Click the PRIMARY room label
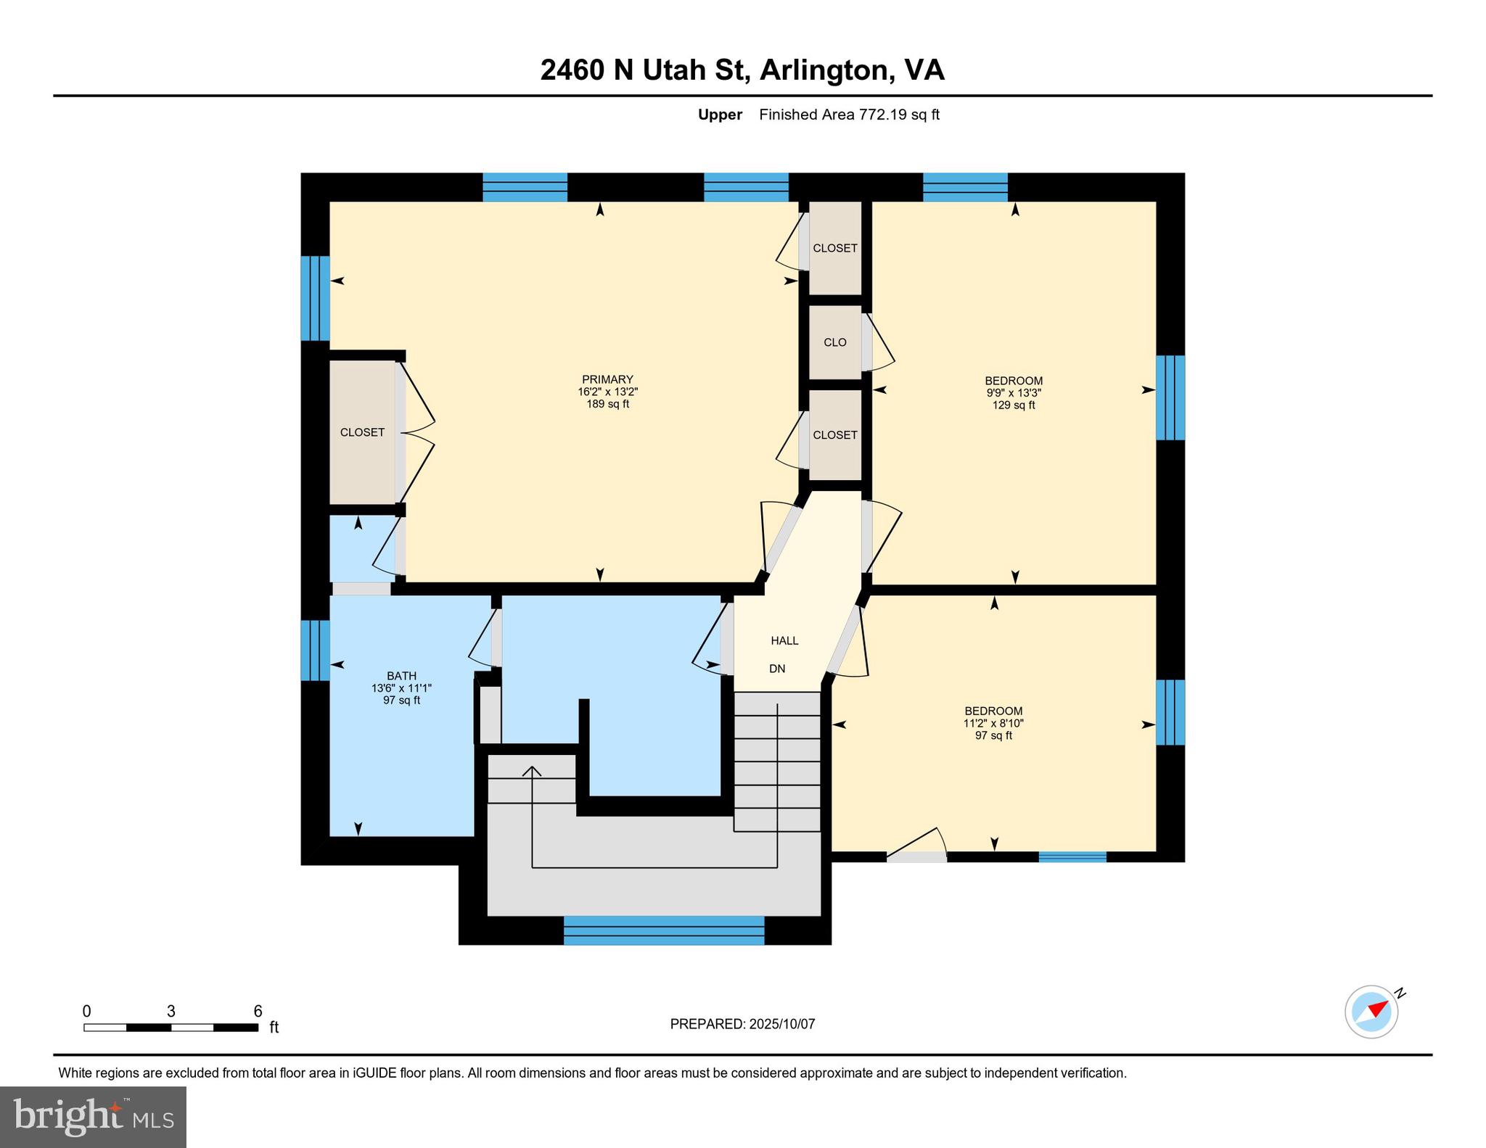(x=607, y=379)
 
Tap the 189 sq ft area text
(x=607, y=404)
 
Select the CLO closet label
(x=834, y=342)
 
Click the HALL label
(x=784, y=640)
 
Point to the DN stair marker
(x=777, y=669)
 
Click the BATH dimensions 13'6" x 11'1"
(x=401, y=688)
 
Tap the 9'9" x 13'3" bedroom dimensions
(x=1014, y=393)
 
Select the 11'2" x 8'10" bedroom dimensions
(x=993, y=723)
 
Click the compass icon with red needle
(x=1371, y=1012)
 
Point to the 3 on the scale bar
(x=171, y=1011)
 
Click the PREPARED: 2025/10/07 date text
(x=742, y=1024)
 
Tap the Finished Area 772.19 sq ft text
(x=849, y=115)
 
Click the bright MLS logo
(x=93, y=1117)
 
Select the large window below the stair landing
(x=664, y=930)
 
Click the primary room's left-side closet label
(x=362, y=432)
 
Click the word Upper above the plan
(x=720, y=115)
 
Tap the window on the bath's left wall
(x=315, y=650)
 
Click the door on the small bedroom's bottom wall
(x=917, y=856)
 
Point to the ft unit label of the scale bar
(x=274, y=1028)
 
